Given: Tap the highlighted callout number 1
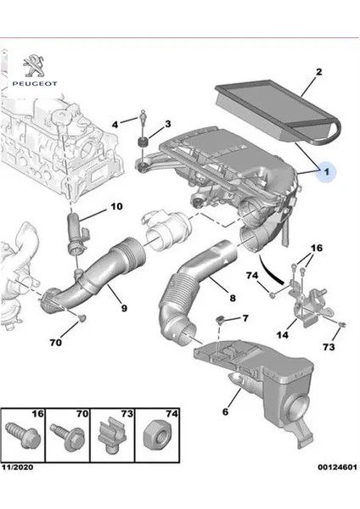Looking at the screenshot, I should (326, 173).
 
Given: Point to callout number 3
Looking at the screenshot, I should (167, 125).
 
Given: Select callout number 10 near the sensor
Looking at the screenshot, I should (116, 207).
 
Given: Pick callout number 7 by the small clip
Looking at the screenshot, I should (245, 319).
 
